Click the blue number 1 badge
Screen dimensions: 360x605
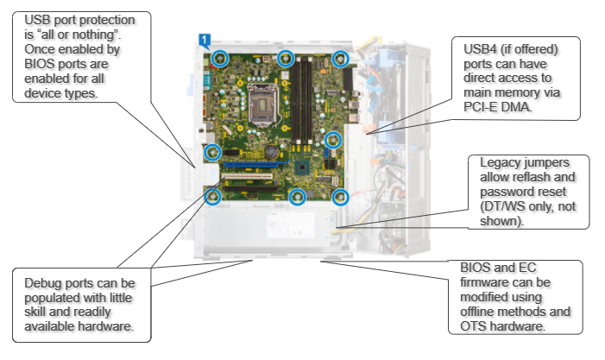tap(204, 39)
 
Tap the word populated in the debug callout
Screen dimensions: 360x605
tap(49, 297)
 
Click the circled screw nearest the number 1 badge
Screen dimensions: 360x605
tap(220, 59)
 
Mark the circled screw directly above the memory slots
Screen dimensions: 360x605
tap(286, 58)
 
